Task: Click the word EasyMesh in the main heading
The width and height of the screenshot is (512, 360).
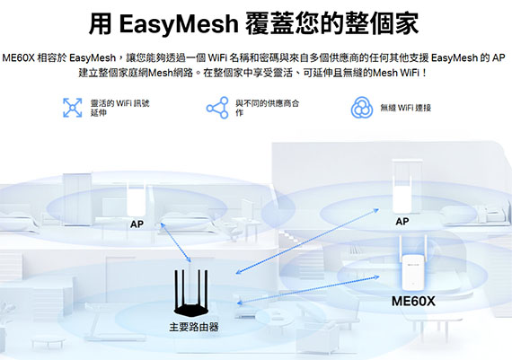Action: point(179,24)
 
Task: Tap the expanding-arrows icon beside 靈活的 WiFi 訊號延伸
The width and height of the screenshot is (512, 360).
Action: point(72,108)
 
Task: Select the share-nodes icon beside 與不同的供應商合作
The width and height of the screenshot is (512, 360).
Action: point(217,108)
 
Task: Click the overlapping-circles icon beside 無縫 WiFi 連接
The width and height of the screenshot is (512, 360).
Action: point(362,108)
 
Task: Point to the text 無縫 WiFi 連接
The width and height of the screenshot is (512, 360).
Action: point(405,108)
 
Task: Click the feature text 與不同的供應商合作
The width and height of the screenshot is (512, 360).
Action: point(267,108)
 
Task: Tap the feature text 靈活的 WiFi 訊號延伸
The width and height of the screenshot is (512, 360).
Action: point(119,108)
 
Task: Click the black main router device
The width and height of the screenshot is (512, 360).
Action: point(191,292)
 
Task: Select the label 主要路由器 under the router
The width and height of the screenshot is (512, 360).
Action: point(194,327)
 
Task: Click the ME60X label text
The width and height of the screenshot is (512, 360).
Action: point(413,302)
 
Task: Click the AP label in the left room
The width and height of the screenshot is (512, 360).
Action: point(137,224)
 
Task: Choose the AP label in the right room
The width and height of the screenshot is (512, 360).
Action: point(402,222)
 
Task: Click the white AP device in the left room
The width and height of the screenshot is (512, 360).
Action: point(137,199)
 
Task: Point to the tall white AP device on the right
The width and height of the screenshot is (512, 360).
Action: point(407,187)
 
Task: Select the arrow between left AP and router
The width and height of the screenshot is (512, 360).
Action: point(176,242)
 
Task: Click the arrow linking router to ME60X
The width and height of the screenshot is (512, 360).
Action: point(308,290)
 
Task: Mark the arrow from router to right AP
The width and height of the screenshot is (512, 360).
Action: point(307,241)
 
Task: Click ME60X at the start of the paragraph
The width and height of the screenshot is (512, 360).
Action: point(18,58)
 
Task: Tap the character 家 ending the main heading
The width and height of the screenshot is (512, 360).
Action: point(407,24)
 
